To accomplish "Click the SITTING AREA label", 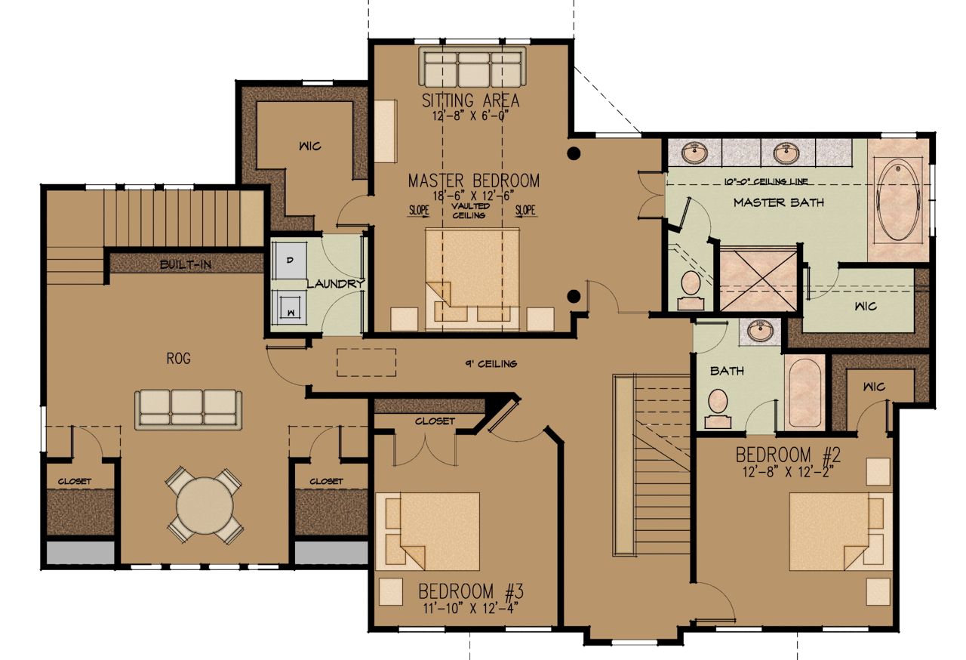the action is tap(470, 101).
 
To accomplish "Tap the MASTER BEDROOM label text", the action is tap(473, 180).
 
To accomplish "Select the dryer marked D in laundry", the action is tap(289, 260).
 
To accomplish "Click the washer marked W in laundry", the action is tap(289, 307).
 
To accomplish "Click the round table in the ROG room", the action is tap(205, 504).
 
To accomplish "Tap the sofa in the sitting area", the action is tap(472, 67).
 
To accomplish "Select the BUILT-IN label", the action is tap(186, 264).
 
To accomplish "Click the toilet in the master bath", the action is tap(691, 290).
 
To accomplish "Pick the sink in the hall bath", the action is tap(760, 332).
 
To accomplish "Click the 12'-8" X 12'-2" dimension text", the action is tap(788, 473).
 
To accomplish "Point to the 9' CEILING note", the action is tap(491, 364).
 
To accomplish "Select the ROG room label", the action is tap(178, 358).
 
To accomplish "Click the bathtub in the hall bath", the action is tap(804, 392).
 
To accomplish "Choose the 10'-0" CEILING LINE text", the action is tap(766, 181).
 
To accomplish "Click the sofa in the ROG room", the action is tap(188, 409).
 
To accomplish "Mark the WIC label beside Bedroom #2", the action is tap(874, 387).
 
